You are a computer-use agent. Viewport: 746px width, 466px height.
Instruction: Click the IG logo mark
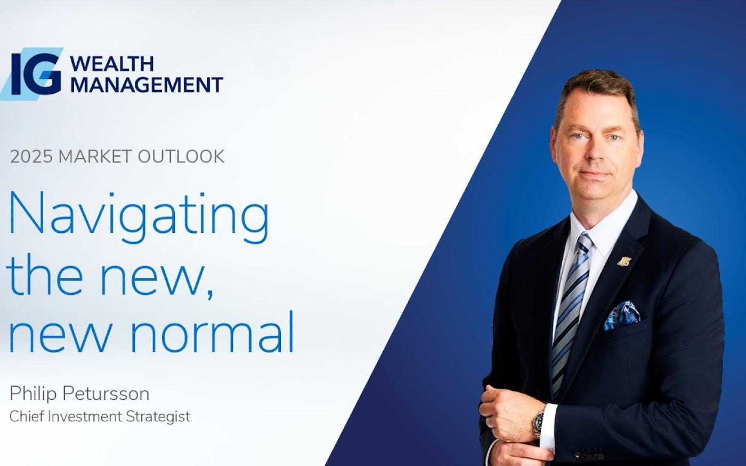33,74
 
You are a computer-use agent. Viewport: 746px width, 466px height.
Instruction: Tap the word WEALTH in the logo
112,63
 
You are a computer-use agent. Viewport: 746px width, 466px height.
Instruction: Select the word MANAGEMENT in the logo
147,85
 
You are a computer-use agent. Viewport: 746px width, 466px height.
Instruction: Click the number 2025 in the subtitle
31,156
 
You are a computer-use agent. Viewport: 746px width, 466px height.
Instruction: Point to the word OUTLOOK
181,156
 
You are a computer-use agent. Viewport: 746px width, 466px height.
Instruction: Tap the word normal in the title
212,332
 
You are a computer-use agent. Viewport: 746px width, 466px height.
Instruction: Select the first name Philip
33,394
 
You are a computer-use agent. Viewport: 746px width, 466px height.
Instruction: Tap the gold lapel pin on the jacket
624,261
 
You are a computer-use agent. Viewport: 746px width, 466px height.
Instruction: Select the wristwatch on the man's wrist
538,424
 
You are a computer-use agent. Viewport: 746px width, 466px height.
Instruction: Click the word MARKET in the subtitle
95,156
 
